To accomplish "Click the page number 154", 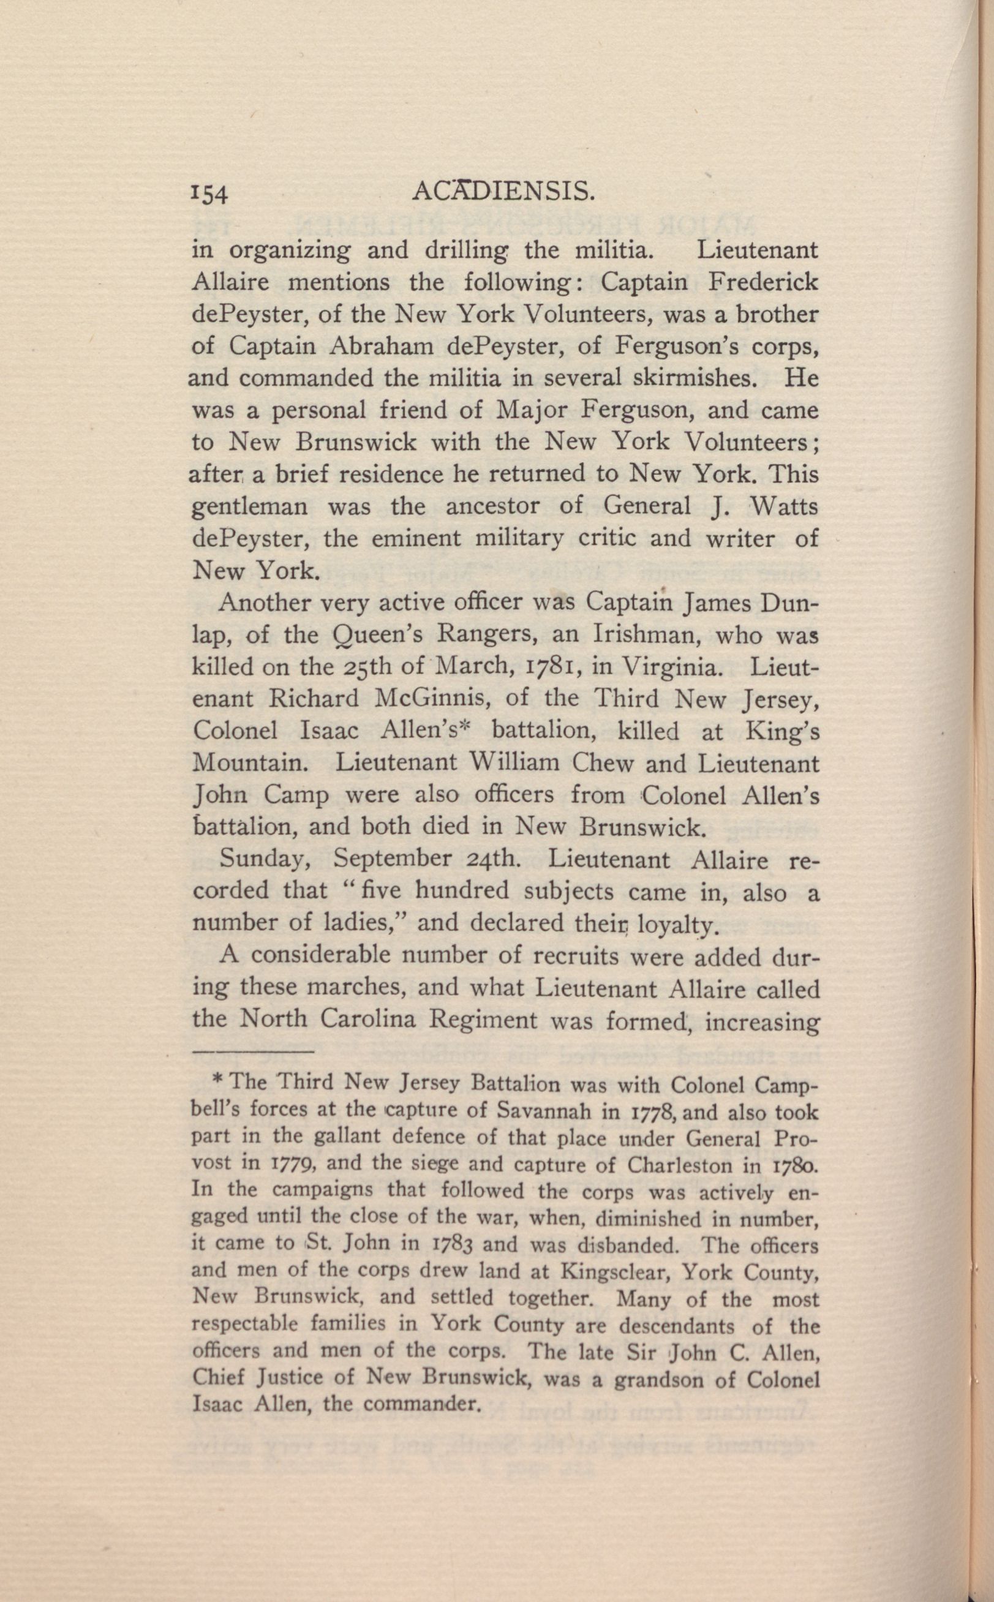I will point(209,194).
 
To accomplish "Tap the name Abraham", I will point(376,347).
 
